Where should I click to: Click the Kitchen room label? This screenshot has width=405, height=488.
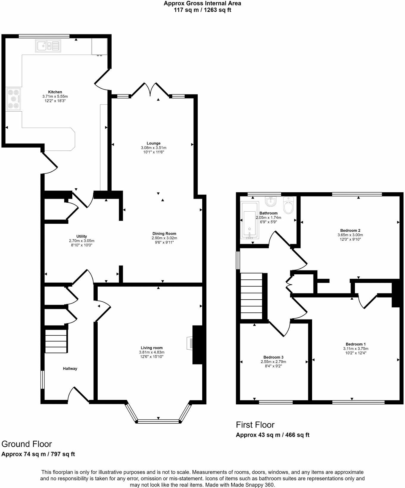[55, 92]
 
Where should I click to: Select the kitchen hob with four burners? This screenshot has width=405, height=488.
[14, 99]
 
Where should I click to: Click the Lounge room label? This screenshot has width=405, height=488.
[153, 143]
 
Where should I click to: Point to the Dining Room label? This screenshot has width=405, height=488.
[164, 234]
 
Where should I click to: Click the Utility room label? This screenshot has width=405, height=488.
[82, 237]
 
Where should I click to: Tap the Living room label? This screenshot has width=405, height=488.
[152, 348]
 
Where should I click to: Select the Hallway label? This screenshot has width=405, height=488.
[70, 368]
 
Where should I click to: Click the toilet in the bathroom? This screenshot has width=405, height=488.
[288, 206]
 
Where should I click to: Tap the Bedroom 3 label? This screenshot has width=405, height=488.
[273, 357]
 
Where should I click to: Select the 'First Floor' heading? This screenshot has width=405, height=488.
[255, 425]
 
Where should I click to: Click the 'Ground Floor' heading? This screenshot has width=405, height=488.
[27, 444]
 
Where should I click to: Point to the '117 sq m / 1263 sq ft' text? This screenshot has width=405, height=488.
[202, 10]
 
